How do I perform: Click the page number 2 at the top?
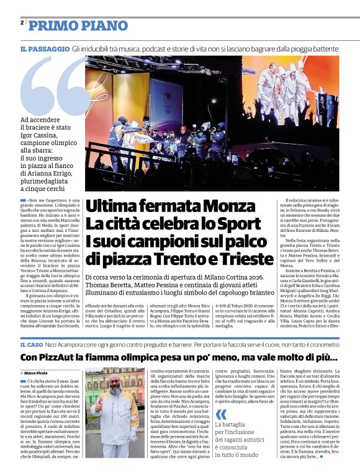click(22, 23)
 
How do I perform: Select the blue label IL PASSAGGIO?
click(44, 48)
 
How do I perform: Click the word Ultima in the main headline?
click(112, 206)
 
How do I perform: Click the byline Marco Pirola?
click(38, 372)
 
